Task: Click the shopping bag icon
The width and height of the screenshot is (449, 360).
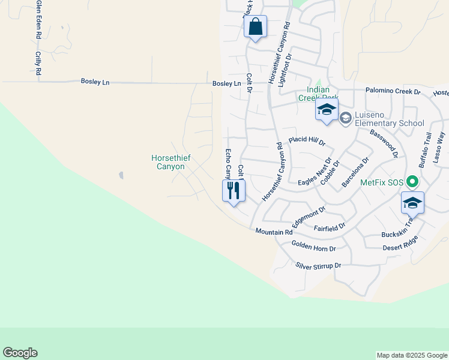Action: pyautogui.click(x=255, y=27)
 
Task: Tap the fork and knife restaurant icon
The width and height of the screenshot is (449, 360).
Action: pyautogui.click(x=234, y=191)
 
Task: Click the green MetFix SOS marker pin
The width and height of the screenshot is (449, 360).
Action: pyautogui.click(x=412, y=181)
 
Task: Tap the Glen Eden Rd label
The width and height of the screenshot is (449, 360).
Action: pyautogui.click(x=38, y=20)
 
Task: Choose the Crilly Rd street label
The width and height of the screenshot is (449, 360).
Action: pyautogui.click(x=38, y=63)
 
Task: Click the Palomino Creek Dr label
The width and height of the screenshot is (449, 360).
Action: pyautogui.click(x=393, y=91)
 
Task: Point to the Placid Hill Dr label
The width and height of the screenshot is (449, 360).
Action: pyautogui.click(x=307, y=142)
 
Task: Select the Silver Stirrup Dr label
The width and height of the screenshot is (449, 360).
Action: pyautogui.click(x=318, y=265)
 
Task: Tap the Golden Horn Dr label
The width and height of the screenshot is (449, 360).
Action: pyautogui.click(x=313, y=245)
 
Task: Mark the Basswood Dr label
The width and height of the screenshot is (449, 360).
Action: pyautogui.click(x=384, y=143)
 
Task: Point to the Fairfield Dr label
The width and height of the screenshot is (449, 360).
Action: pyautogui.click(x=330, y=227)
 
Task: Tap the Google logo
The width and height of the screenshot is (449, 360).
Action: pyautogui.click(x=20, y=353)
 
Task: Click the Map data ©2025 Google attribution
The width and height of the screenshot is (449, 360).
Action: pyautogui.click(x=412, y=355)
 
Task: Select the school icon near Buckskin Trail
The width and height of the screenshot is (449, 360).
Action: pyautogui.click(x=412, y=203)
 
